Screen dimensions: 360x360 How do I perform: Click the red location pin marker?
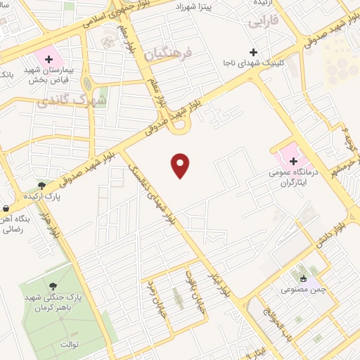(x=181, y=165)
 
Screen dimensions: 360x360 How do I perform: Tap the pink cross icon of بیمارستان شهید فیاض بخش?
(x=49, y=59)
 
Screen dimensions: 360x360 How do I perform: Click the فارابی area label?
(x=263, y=22)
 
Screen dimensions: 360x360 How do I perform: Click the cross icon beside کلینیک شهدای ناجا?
(x=254, y=52)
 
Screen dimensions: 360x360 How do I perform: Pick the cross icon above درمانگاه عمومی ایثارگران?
(x=293, y=161)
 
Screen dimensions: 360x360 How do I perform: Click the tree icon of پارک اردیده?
(x=43, y=186)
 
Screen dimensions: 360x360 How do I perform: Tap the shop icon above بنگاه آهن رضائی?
(x=6, y=208)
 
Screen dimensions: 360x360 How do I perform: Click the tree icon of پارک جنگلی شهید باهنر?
(x=53, y=285)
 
